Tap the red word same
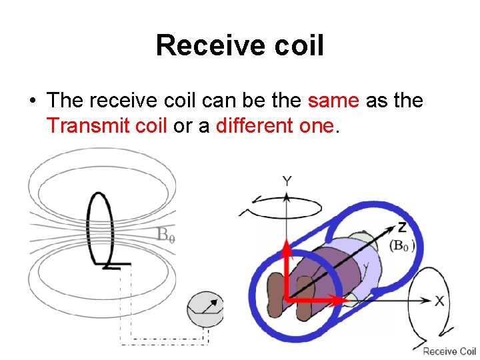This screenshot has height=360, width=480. point(333,101)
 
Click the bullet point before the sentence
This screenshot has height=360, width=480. point(32,101)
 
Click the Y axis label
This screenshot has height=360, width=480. point(287,181)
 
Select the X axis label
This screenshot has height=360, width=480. point(439,301)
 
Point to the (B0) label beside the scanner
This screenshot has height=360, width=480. point(403,245)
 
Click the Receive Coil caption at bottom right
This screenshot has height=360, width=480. point(449,351)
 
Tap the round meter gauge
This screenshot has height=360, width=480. point(205,309)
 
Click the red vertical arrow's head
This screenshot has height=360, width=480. point(287,248)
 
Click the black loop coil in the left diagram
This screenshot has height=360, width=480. point(101,227)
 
